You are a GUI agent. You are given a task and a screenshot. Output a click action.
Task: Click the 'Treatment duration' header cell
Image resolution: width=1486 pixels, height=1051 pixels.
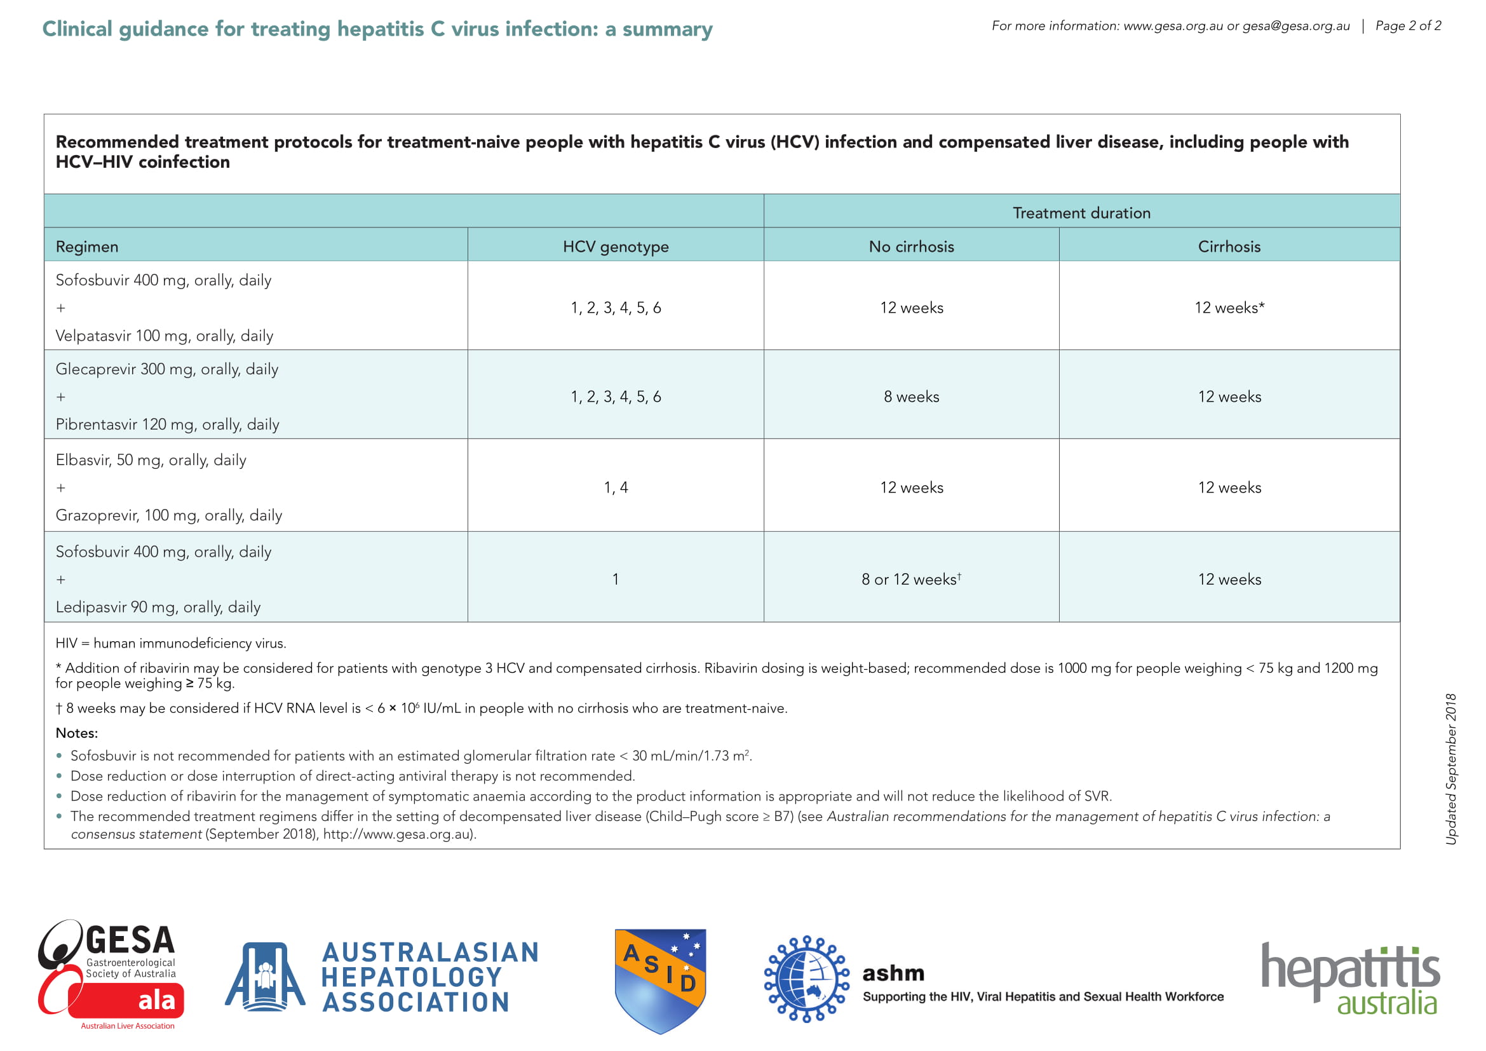click(1081, 213)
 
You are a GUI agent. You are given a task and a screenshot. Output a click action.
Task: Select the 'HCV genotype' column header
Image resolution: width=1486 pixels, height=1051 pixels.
click(616, 247)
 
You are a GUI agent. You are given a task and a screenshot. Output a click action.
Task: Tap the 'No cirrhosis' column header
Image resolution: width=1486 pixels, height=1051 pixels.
click(910, 247)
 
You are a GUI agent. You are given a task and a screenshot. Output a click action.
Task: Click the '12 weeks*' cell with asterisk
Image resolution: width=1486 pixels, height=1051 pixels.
click(1229, 308)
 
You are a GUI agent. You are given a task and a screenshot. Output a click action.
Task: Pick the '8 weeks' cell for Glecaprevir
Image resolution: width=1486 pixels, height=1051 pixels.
click(910, 397)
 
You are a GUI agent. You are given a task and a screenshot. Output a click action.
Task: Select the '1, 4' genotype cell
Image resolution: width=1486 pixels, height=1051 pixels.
click(616, 487)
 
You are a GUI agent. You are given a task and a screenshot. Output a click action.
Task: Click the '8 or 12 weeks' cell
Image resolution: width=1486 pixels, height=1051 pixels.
click(910, 580)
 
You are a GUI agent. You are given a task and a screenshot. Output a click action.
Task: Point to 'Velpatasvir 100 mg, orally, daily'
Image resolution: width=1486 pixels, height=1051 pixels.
click(165, 336)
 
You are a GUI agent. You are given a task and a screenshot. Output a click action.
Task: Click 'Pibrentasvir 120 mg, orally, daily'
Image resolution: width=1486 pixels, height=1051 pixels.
click(168, 424)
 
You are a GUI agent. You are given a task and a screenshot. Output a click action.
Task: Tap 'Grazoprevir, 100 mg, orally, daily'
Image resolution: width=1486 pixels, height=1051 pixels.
click(169, 515)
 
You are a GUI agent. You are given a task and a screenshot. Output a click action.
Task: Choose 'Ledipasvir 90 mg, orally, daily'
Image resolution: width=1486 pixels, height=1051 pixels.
click(158, 607)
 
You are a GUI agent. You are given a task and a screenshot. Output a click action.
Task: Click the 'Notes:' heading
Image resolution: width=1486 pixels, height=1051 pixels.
click(77, 733)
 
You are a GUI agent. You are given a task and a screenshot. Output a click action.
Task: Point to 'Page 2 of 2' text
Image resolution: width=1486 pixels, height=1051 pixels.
click(1408, 26)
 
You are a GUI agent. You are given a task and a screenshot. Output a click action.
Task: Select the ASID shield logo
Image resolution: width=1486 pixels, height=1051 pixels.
click(659, 979)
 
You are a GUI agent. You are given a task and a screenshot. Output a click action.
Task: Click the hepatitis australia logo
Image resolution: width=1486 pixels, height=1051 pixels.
click(1350, 979)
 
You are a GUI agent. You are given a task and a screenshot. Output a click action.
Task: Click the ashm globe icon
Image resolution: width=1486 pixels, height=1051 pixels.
click(806, 979)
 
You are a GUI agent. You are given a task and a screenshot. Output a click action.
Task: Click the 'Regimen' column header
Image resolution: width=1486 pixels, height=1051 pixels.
click(87, 247)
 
